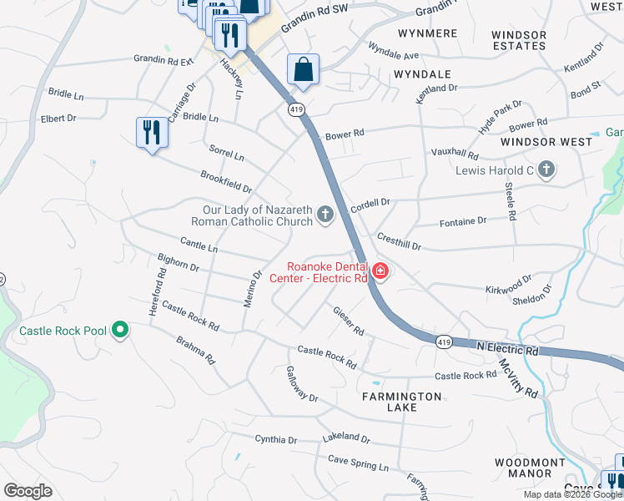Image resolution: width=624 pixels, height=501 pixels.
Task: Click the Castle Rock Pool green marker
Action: [x=120, y=331]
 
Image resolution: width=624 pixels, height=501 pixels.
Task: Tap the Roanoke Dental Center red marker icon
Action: [x=380, y=271]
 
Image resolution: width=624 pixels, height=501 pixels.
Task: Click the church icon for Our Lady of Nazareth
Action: [x=325, y=216]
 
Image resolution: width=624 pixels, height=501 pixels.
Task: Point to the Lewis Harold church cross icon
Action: [x=546, y=171]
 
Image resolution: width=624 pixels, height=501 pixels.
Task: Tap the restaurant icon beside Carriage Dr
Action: [x=151, y=132]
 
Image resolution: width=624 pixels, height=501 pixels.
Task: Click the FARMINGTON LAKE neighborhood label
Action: [x=401, y=401]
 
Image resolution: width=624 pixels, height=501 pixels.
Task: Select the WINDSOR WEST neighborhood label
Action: [x=546, y=142]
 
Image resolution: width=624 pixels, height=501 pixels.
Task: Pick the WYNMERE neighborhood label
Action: [x=428, y=33]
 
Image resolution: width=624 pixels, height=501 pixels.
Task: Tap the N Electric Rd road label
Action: [x=508, y=347]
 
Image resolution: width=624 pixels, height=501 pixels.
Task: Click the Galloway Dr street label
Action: [x=302, y=384]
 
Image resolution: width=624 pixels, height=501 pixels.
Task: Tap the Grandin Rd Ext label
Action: [x=164, y=60]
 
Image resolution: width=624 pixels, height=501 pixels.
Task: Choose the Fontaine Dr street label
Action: [x=462, y=222]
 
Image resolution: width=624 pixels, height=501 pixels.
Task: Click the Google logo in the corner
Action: [x=28, y=491]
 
